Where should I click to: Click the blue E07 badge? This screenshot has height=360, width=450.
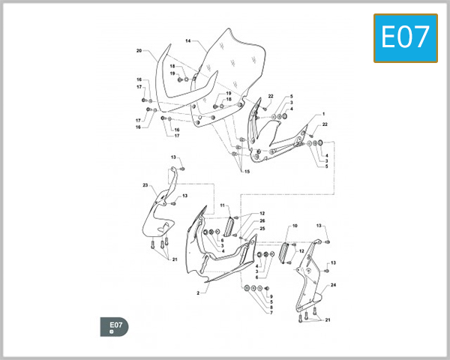[x=406, y=38]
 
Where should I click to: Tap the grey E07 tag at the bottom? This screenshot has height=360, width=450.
[x=114, y=327]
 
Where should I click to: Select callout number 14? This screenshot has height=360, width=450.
[x=188, y=40]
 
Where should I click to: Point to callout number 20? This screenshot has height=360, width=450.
[x=139, y=50]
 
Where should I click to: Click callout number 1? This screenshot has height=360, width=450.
[x=324, y=114]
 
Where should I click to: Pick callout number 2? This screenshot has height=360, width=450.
[x=198, y=293]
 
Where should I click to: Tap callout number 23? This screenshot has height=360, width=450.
[x=145, y=185]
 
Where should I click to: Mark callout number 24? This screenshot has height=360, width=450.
[x=333, y=285]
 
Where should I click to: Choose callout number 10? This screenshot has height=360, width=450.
[x=295, y=226]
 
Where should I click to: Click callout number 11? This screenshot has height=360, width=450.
[x=223, y=205]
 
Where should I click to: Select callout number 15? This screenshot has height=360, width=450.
[x=247, y=172]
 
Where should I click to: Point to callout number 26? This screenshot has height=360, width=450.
[x=262, y=220]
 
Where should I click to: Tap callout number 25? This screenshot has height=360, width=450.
[x=262, y=229]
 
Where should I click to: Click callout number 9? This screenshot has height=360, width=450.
[x=271, y=296]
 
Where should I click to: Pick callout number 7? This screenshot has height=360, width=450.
[x=271, y=313]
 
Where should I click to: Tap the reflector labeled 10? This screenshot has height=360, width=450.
[x=284, y=252]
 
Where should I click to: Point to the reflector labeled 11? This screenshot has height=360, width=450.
[x=229, y=226]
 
